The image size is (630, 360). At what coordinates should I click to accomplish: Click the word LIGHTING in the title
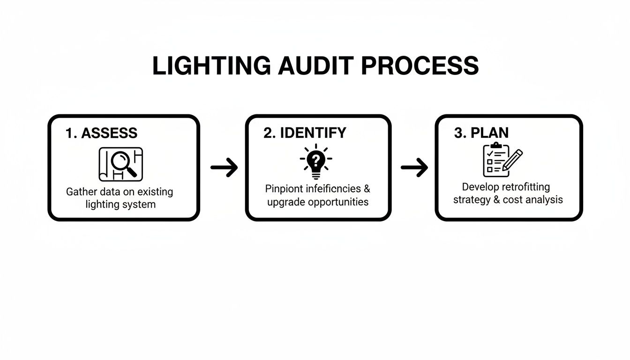click(x=210, y=66)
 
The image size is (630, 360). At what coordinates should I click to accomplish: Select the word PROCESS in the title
click(x=420, y=66)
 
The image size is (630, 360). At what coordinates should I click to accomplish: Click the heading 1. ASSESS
click(x=102, y=133)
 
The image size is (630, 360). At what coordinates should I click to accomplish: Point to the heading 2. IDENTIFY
click(x=305, y=133)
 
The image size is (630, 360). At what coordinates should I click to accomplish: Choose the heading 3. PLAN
click(x=481, y=133)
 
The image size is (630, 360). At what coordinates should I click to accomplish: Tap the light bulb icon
click(x=316, y=162)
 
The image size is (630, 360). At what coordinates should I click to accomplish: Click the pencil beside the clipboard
click(x=513, y=159)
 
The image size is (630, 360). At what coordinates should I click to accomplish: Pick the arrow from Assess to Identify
click(x=224, y=167)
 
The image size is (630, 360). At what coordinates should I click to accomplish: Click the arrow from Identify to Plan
click(x=414, y=167)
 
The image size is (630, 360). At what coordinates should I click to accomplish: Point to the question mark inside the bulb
click(x=316, y=160)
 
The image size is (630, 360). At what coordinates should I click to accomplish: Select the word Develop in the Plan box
click(x=480, y=187)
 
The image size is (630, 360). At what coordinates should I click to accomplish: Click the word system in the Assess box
click(x=139, y=204)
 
